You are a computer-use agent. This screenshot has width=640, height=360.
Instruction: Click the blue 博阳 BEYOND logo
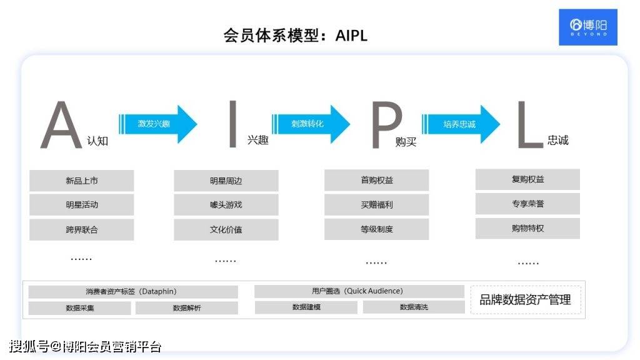[587, 27]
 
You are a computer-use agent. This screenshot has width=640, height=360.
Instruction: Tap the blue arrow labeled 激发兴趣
[158, 124]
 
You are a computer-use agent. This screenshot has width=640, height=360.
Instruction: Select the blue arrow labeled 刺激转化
[311, 124]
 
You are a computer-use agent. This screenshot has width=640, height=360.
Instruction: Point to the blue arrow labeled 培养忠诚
[461, 124]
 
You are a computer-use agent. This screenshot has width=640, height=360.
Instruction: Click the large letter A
[61, 125]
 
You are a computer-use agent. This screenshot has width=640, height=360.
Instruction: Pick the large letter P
[386, 125]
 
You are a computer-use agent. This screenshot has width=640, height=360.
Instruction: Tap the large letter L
[530, 124]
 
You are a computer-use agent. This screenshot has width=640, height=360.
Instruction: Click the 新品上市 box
[82, 181]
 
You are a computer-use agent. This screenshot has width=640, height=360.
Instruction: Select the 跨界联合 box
[82, 230]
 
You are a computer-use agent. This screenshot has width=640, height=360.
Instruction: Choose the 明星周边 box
[226, 181]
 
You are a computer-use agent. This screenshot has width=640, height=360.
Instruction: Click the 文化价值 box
[226, 230]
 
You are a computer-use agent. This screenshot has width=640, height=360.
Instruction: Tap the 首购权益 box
[377, 180]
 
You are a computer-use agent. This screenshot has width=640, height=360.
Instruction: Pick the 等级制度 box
[377, 229]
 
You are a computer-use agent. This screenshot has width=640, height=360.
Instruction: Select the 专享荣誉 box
[527, 204]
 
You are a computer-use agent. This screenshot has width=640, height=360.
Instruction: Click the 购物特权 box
[527, 228]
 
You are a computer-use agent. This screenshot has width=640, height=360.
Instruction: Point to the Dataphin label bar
[133, 291]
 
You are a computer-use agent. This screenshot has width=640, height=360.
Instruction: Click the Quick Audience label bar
[359, 291]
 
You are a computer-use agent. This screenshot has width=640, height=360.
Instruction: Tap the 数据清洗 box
[414, 307]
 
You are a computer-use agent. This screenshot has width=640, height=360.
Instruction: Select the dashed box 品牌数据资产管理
[526, 300]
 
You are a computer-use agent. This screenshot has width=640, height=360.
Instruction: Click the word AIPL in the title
[351, 36]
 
